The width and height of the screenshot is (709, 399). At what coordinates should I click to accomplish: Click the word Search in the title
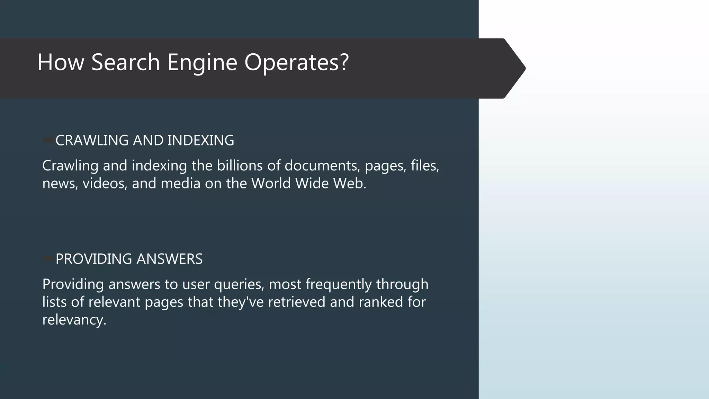(125, 62)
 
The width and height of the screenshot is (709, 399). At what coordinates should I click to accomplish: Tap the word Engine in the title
(202, 62)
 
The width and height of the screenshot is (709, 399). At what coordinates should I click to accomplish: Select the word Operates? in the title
(296, 62)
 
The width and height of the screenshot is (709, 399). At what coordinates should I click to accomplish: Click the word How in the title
(61, 62)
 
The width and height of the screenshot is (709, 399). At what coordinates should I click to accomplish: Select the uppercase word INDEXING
(201, 140)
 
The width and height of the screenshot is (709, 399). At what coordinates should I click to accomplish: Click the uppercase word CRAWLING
(92, 140)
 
